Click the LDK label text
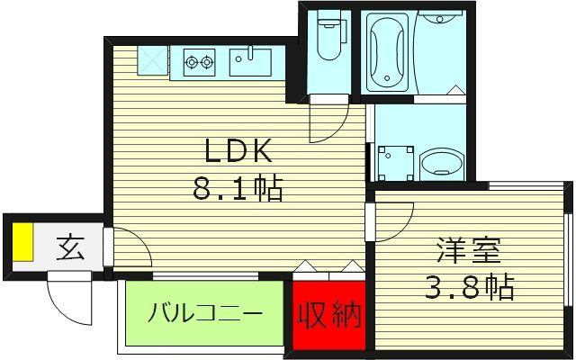(238, 150)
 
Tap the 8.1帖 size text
(238, 188)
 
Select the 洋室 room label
(469, 251)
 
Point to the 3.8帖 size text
(469, 287)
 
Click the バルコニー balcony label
(205, 313)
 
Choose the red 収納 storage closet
(329, 315)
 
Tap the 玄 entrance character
(71, 248)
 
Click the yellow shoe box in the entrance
(22, 242)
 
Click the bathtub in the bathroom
(387, 50)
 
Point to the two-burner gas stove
(199, 62)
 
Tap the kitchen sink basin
(250, 62)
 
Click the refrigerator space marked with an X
(152, 60)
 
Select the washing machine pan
(395, 163)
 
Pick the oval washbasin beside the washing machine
(440, 165)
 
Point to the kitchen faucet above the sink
(250, 52)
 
